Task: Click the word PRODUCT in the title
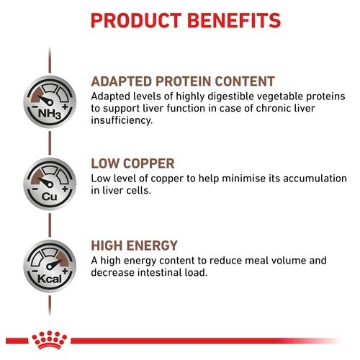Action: coord(136,21)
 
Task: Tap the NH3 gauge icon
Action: coord(50,102)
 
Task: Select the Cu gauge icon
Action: coord(50,184)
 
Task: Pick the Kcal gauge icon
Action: coord(50,266)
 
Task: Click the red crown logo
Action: coord(50,340)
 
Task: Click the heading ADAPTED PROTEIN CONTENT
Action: coord(183,81)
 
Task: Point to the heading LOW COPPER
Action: coord(132,163)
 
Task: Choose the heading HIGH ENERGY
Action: coord(135,246)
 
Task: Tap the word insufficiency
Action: coord(122,120)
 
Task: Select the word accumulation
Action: coord(315,179)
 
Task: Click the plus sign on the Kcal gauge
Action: coord(65,271)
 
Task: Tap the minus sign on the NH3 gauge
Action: coord(35,107)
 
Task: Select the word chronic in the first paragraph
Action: coord(271,109)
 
